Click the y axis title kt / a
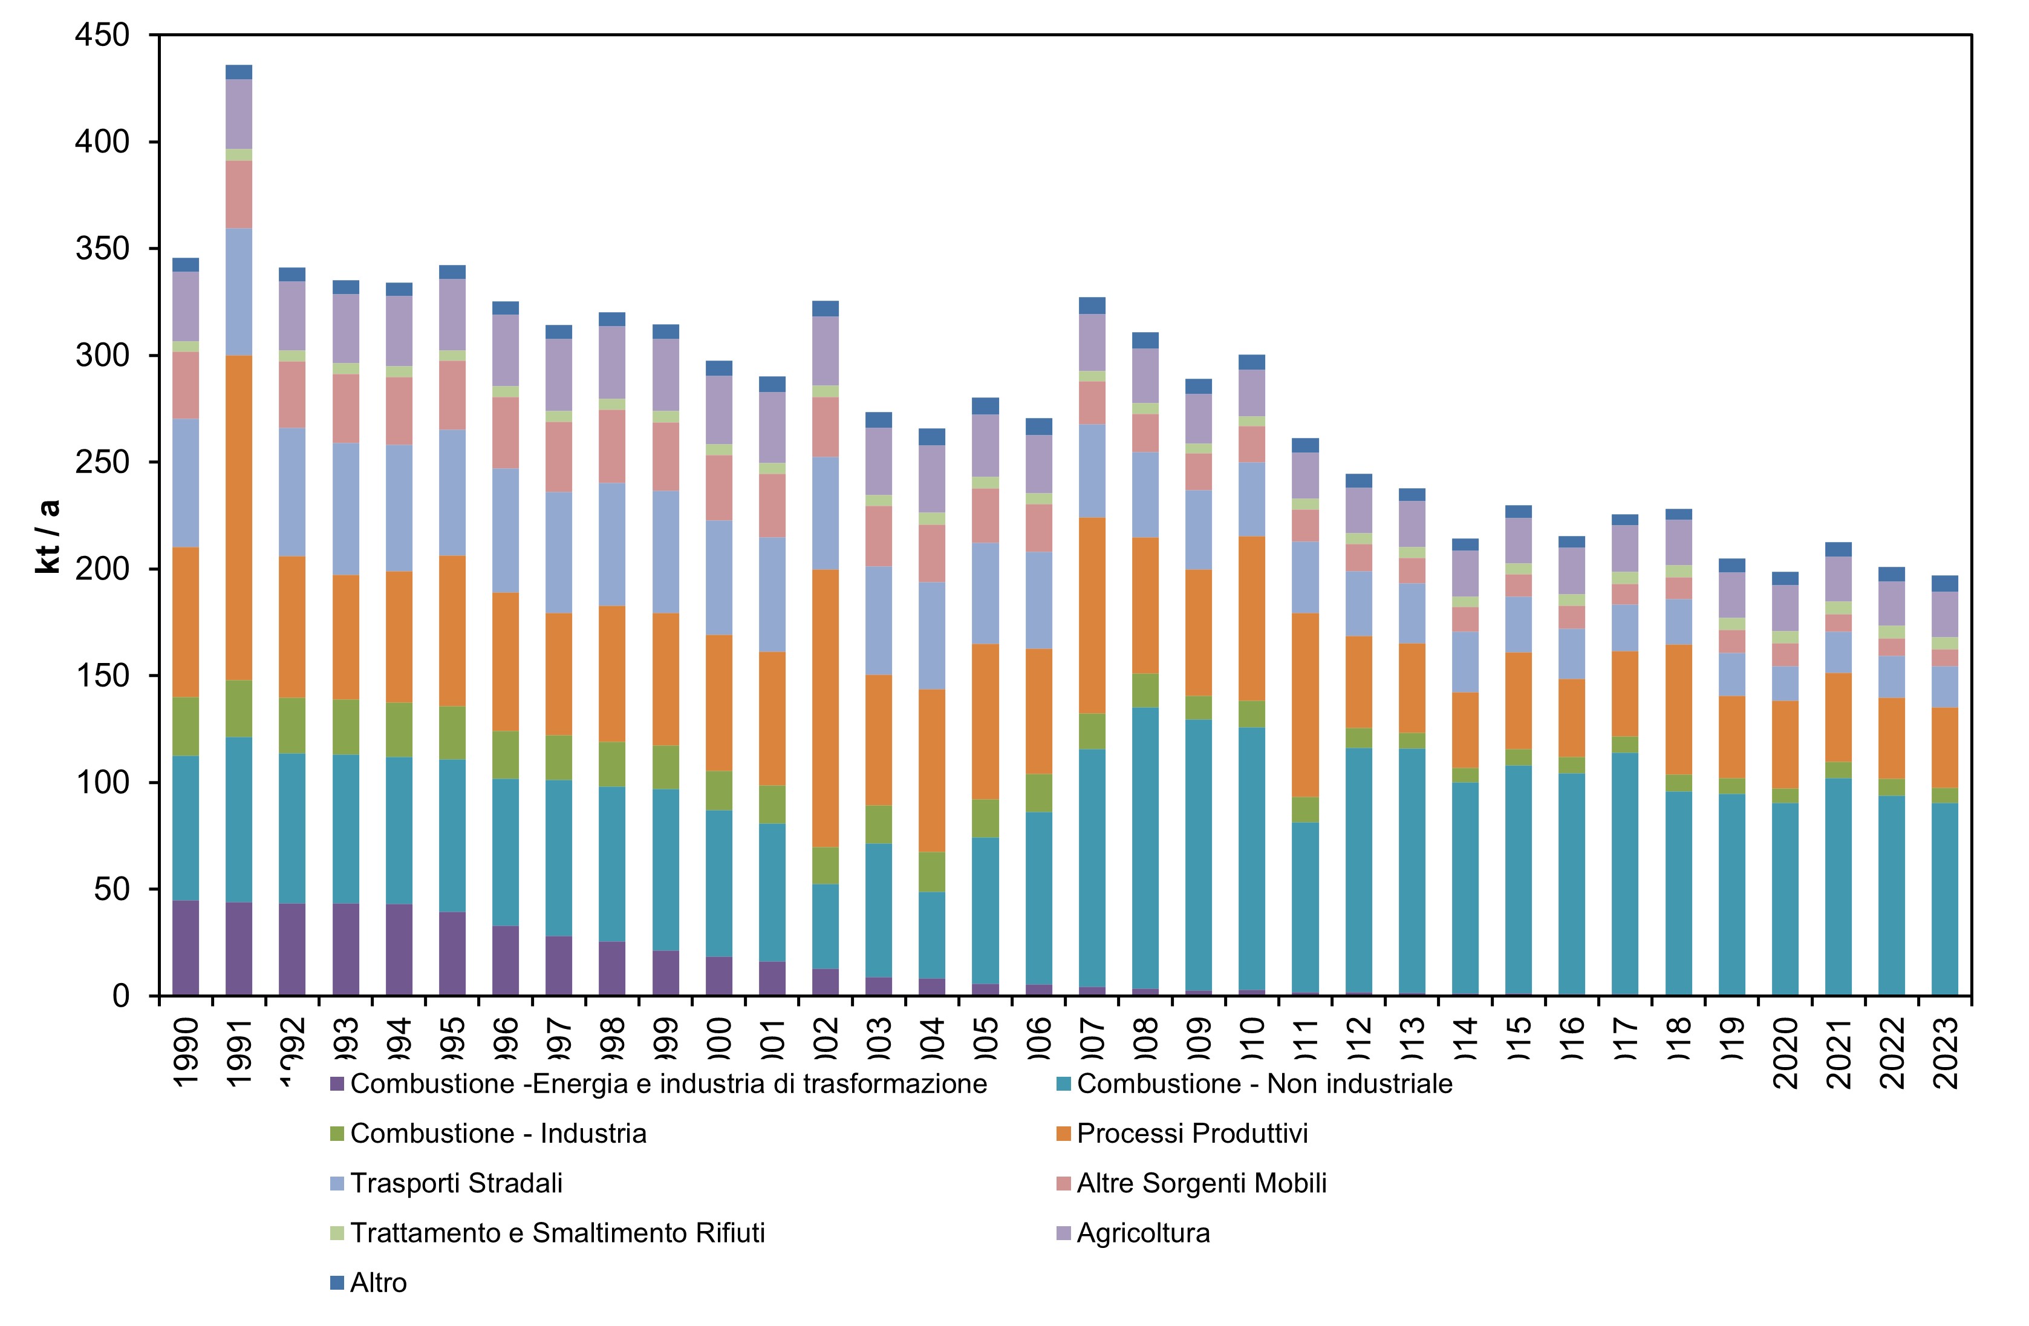point(48,537)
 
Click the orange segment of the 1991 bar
point(239,518)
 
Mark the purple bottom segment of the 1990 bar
point(185,949)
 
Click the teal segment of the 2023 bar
point(1944,899)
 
